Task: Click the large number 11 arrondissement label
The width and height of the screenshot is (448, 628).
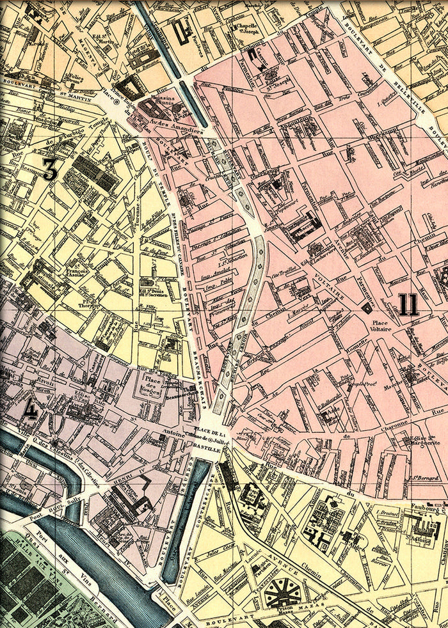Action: click(x=408, y=305)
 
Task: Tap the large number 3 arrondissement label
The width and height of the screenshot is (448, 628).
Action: click(x=51, y=169)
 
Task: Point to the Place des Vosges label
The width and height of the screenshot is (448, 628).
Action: click(x=153, y=386)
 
